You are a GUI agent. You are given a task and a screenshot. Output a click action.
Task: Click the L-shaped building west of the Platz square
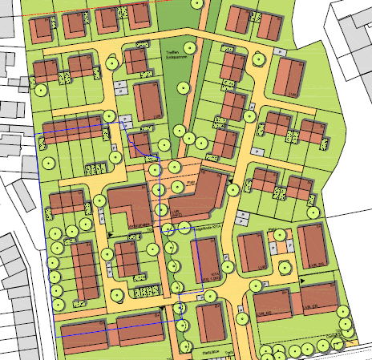[x=127, y=206]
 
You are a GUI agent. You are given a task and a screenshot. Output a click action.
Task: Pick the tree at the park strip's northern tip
[x=197, y=4]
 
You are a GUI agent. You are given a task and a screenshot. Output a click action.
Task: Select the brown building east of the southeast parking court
[x=312, y=248]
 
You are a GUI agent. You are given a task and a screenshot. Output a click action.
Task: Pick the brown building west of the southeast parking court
[x=252, y=253]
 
